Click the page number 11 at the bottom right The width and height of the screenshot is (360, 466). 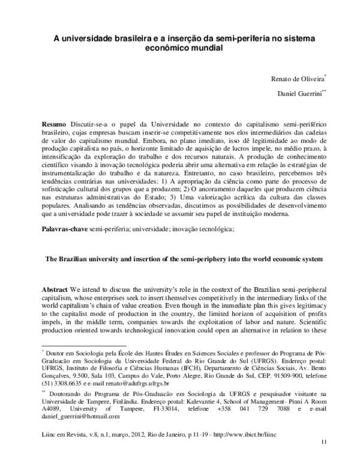[x=325, y=459]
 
